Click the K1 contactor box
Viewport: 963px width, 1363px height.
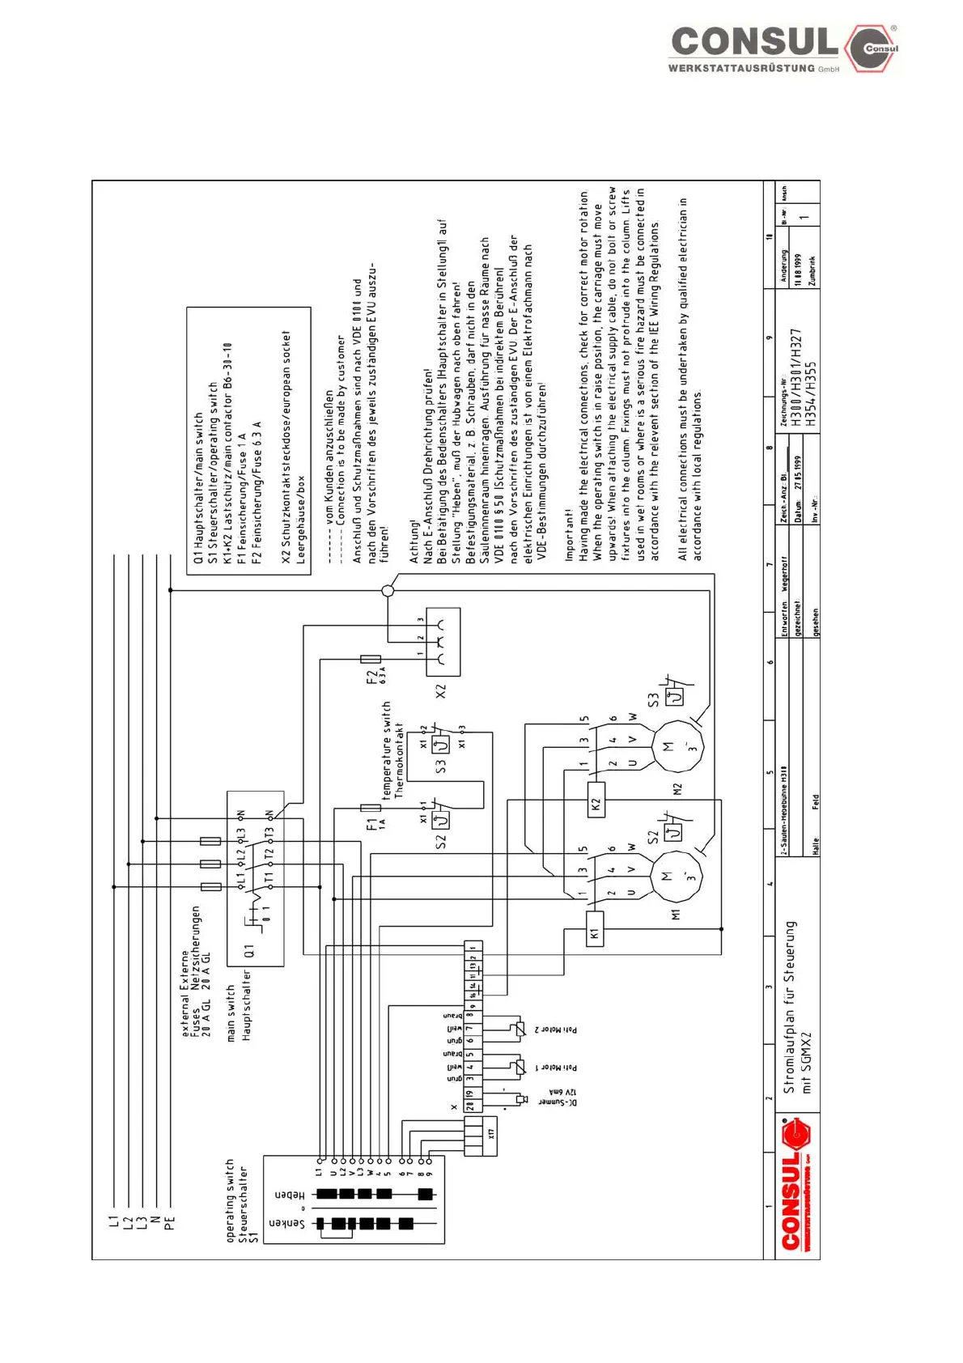click(x=595, y=934)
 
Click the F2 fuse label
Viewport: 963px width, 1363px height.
click(x=372, y=675)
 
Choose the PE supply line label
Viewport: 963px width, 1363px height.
click(x=170, y=1222)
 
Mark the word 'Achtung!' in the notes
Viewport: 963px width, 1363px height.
click(x=414, y=543)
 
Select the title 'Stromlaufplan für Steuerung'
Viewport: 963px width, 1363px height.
click(x=790, y=1007)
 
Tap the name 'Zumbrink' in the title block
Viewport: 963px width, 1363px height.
click(x=812, y=270)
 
